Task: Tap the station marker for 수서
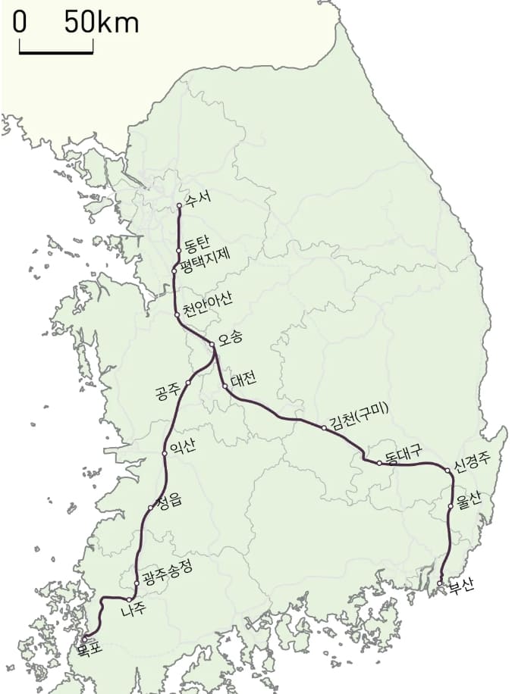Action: (x=179, y=205)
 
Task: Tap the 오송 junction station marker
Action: (x=212, y=345)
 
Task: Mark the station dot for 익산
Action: (x=165, y=453)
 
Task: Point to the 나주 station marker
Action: (x=130, y=600)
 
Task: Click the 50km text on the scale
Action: (x=100, y=22)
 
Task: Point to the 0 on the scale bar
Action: (x=20, y=22)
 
